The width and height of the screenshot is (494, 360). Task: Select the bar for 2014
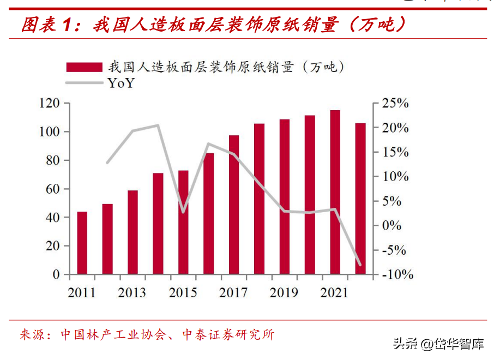tap(158, 224)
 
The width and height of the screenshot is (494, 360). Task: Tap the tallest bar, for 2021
tap(335, 192)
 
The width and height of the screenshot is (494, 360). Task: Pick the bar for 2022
tap(360, 199)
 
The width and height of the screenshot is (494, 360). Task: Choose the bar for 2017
tap(234, 205)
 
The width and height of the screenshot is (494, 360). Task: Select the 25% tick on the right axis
tap(395, 103)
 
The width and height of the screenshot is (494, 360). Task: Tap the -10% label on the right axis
tap(395, 274)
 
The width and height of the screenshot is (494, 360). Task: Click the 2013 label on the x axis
tap(132, 293)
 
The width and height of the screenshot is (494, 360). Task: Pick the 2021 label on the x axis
tap(335, 293)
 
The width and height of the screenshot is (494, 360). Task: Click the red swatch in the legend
tap(84, 67)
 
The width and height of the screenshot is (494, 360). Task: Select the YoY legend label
tap(121, 83)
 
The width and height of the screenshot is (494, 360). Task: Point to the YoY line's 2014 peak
tap(158, 125)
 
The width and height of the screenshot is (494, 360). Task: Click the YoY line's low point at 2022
tap(360, 265)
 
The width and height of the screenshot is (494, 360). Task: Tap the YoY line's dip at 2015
tap(183, 212)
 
